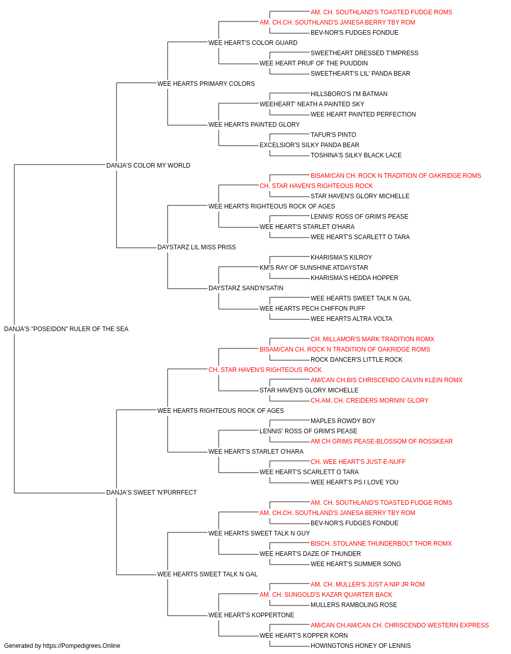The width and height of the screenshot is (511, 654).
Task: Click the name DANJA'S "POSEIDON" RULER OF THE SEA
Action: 66,329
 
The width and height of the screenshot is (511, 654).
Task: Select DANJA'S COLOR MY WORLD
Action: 148,166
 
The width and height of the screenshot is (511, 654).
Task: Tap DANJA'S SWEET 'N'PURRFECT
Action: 151,493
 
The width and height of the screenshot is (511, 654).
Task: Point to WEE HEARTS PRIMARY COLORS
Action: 206,84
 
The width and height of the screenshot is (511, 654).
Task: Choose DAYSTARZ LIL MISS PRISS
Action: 197,247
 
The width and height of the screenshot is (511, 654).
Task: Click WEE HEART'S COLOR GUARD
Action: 253,43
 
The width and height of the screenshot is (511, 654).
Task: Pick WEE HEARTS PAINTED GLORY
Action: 254,125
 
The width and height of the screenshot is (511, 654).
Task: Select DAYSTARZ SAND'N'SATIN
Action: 246,288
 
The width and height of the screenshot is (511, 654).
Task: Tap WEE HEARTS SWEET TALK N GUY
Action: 259,533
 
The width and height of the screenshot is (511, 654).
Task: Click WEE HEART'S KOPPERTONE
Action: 251,615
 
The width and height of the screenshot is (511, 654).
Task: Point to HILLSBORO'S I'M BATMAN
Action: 349,94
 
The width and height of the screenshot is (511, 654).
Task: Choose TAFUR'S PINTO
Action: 334,135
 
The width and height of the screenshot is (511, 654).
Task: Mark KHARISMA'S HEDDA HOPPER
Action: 355,278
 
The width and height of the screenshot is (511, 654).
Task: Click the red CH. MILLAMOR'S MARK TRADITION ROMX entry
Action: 373,339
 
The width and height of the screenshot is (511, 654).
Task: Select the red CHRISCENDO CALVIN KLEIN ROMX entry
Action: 386,380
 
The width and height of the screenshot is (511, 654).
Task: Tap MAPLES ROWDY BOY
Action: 343,421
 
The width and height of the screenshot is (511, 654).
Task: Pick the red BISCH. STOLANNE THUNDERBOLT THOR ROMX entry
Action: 381,544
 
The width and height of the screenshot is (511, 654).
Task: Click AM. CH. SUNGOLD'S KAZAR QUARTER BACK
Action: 326,595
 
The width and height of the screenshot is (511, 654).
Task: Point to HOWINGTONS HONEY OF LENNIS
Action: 361,646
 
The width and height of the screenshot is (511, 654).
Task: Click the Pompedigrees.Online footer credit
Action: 62,646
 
